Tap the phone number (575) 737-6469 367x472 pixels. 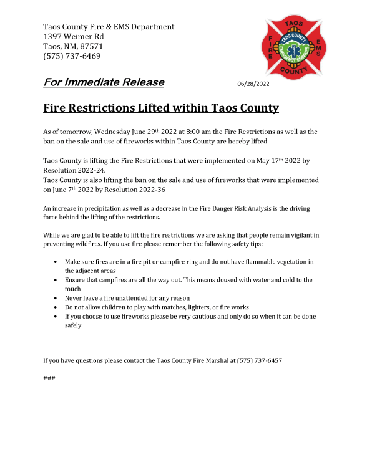point(72,56)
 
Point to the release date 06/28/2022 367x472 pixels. point(253,84)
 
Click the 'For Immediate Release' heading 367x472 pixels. point(104,82)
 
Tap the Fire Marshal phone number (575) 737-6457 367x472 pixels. point(258,360)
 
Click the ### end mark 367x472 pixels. point(49,378)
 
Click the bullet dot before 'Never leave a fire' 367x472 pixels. point(58,299)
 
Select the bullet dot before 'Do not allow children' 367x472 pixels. point(58,307)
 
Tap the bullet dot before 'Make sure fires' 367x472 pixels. point(58,262)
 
